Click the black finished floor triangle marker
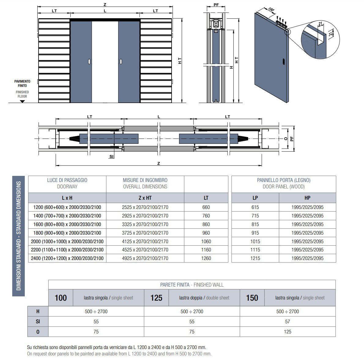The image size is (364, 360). tap(22, 101)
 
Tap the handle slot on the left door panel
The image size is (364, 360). tap(89, 61)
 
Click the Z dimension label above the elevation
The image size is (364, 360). tap(105, 5)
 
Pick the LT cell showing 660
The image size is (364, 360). tap(206, 207)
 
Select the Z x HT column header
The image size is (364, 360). tap(145, 198)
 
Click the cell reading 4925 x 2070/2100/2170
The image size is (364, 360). tap(145, 258)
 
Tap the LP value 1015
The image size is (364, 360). tap(255, 241)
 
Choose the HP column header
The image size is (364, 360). tap(307, 198)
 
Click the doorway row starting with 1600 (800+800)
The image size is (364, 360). tap(67, 224)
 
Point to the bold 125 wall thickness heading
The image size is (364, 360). tap(156, 298)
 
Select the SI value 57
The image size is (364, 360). tap(288, 321)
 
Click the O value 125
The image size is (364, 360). tap(288, 332)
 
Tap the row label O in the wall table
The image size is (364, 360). tap(38, 332)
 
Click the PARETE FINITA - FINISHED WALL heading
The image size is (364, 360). tap(192, 285)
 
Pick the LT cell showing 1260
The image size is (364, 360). tap(206, 258)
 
